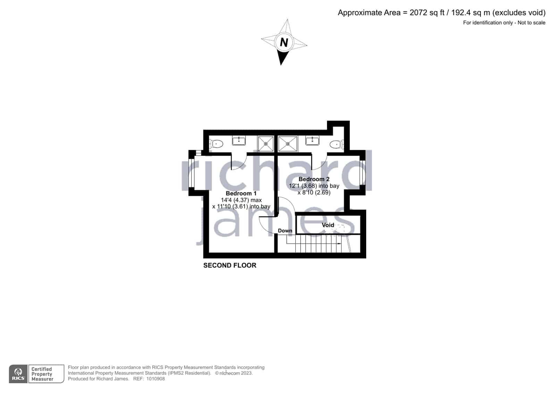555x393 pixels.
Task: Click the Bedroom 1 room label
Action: pos(241,193)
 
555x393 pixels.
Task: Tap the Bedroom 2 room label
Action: pos(314,179)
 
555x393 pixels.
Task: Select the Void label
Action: pos(328,225)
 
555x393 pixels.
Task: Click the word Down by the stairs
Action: pos(285,231)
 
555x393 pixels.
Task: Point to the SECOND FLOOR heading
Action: pos(230,265)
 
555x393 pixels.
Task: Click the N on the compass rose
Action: pos(284,42)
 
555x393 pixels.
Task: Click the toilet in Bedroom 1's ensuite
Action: pos(216,144)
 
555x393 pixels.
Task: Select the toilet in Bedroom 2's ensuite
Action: pos(337,144)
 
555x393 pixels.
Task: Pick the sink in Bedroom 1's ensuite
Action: pos(239,141)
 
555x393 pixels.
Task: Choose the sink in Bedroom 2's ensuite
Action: pos(312,141)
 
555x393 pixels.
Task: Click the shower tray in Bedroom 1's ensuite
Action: pos(266,144)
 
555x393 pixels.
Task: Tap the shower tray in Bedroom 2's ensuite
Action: pos(288,144)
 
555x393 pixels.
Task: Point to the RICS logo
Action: pos(18,374)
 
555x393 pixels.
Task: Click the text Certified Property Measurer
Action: pos(42,374)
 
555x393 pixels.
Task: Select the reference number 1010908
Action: pos(155,379)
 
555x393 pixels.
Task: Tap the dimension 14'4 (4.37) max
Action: pos(241,200)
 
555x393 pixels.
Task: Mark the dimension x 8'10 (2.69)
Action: pos(314,193)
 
